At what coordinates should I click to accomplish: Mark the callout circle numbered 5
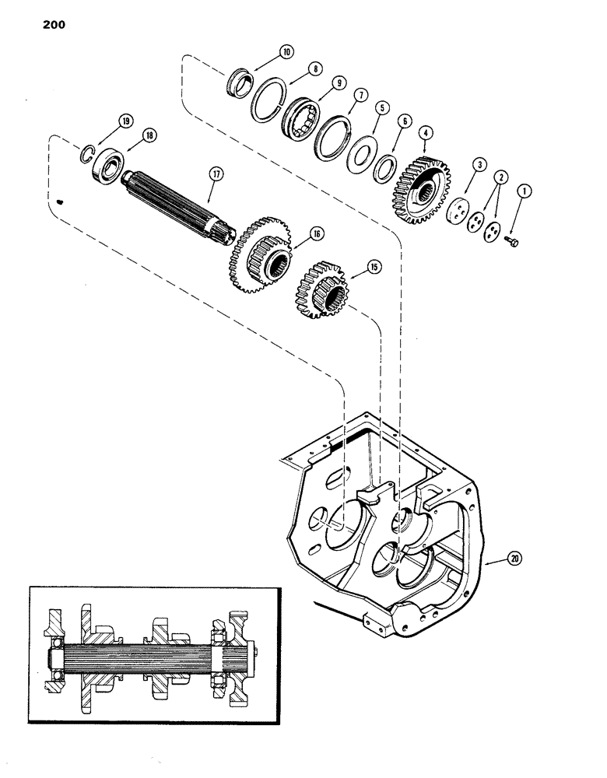click(x=380, y=108)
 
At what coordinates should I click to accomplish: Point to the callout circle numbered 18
click(x=149, y=135)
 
